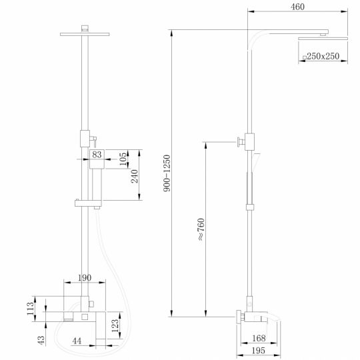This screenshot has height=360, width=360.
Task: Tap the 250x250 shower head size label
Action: tap(327, 57)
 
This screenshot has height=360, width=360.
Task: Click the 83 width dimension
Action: tap(97, 155)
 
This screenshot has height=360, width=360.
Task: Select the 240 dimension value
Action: tap(134, 176)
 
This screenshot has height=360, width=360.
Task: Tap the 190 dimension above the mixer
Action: tap(85, 277)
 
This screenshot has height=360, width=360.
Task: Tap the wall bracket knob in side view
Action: tap(237, 141)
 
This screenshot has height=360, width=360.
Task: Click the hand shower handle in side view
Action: tap(251, 187)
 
